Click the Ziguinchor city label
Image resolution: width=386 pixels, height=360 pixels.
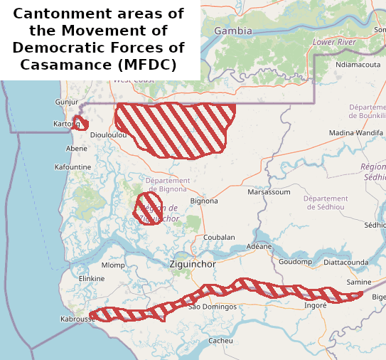click(193, 264)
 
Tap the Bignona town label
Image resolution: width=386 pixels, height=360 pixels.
click(204, 201)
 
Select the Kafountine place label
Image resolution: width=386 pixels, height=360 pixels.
click(73, 167)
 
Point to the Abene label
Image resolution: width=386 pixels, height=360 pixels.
click(76, 149)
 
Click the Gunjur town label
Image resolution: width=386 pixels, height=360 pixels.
click(66, 102)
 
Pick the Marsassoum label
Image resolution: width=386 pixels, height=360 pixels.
click(269, 192)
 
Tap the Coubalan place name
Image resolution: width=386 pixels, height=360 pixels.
click(219, 237)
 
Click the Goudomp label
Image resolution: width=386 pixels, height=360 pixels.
click(295, 262)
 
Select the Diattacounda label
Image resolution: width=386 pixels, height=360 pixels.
click(345, 262)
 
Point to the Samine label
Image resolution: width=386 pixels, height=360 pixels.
click(358, 282)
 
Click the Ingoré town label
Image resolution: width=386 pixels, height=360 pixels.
click(315, 305)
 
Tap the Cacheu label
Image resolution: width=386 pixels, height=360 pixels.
click(220, 341)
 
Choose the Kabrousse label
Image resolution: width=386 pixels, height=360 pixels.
click(77, 319)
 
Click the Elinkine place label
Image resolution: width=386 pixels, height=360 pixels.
click(92, 278)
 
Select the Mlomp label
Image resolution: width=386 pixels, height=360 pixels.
click(113, 265)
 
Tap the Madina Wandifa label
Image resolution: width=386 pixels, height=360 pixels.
click(355, 133)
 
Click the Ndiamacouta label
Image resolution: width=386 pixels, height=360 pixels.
click(358, 64)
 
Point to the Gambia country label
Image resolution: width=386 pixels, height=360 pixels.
click(233, 31)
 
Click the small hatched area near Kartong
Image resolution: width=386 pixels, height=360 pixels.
click(80, 122)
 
